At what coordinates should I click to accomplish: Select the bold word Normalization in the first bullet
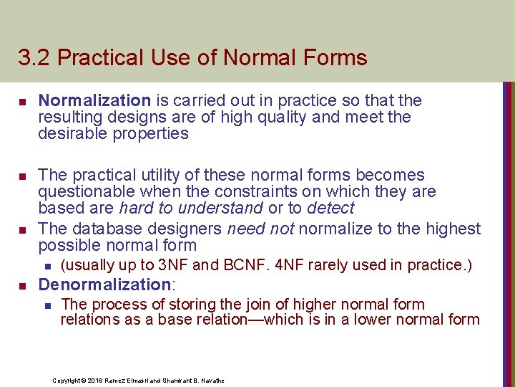(94, 101)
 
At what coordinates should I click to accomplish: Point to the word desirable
(71, 134)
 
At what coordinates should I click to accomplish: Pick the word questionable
(85, 192)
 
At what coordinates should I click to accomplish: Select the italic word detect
(330, 209)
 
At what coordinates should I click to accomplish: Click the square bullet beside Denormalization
(22, 285)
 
